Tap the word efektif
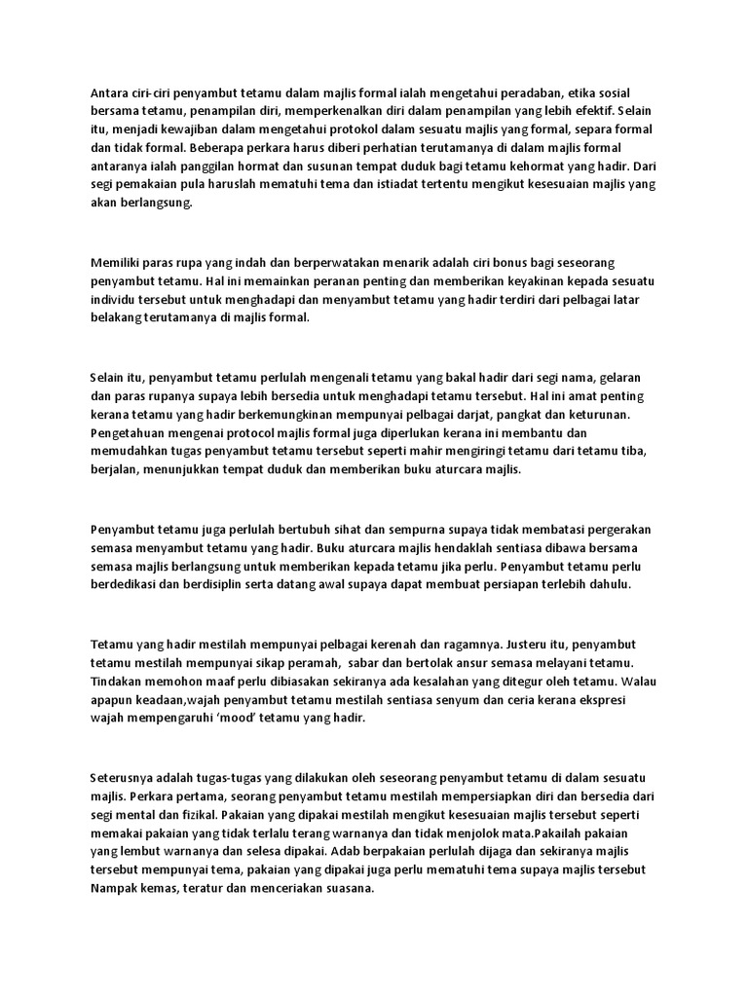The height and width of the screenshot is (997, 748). (589, 112)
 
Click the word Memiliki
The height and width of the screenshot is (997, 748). (118, 263)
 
